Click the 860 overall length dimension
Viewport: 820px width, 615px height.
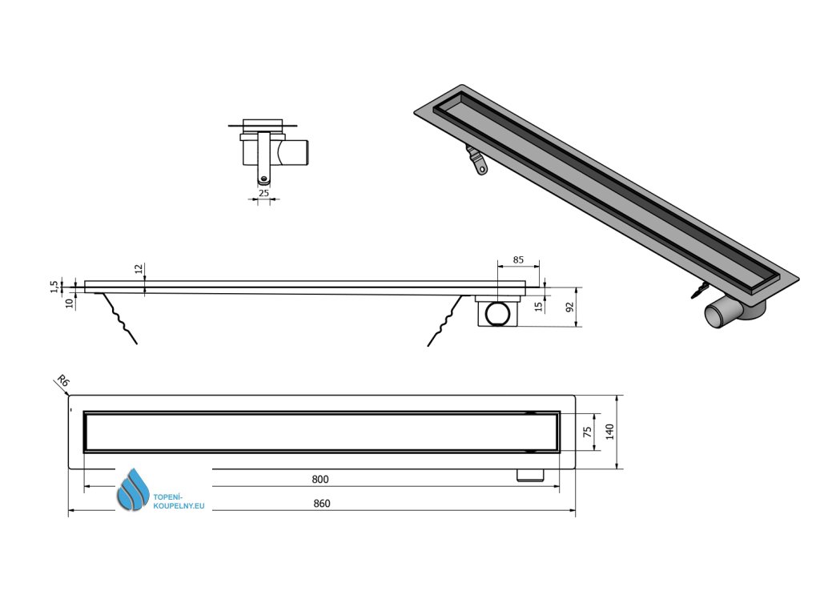(x=321, y=503)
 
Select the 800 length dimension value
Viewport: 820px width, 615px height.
(x=320, y=479)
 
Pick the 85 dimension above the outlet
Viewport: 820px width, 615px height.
(x=518, y=260)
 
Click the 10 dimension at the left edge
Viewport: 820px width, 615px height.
(x=69, y=303)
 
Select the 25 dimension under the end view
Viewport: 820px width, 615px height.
(x=263, y=193)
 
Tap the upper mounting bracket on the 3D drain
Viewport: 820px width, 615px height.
(x=474, y=159)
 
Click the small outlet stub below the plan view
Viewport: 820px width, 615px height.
(x=529, y=476)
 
